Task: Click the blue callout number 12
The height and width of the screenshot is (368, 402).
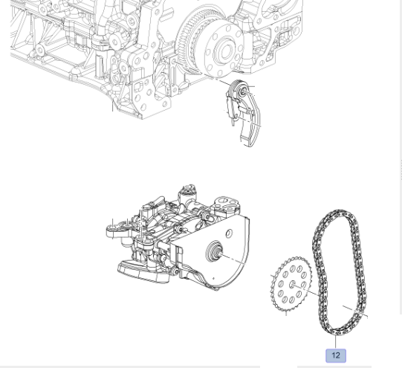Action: (x=336, y=355)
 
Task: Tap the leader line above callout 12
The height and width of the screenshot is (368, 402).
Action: (x=336, y=342)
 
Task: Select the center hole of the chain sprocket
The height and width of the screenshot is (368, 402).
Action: (x=292, y=285)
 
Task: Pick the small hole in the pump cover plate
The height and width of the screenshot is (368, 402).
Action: (x=229, y=233)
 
